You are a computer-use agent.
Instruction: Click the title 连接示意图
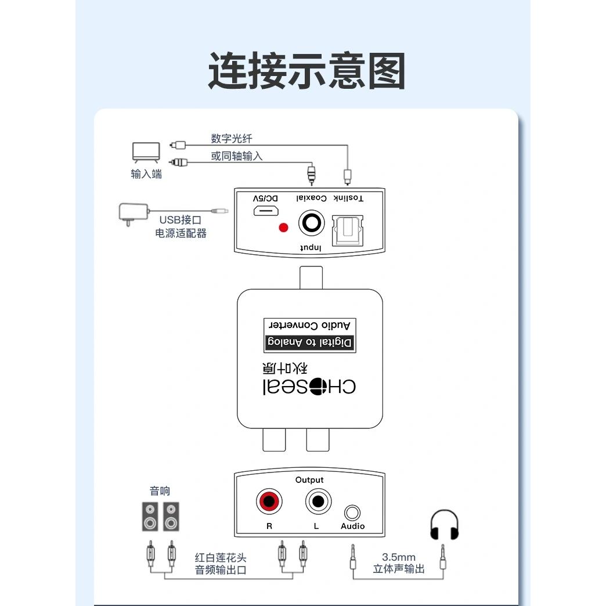306,71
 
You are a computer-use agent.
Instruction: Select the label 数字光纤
232,139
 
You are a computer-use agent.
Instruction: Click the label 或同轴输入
237,156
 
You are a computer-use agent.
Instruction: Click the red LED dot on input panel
284,228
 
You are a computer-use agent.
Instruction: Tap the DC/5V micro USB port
266,211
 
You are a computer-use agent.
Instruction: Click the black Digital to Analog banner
309,342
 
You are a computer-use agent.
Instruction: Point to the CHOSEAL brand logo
309,385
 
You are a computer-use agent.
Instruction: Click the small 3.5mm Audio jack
352,513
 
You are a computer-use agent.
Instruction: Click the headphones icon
444,526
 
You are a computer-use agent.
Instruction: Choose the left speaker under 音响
150,517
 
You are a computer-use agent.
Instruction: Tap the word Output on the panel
309,480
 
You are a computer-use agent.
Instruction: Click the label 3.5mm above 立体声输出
399,557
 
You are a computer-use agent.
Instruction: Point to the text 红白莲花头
221,558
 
